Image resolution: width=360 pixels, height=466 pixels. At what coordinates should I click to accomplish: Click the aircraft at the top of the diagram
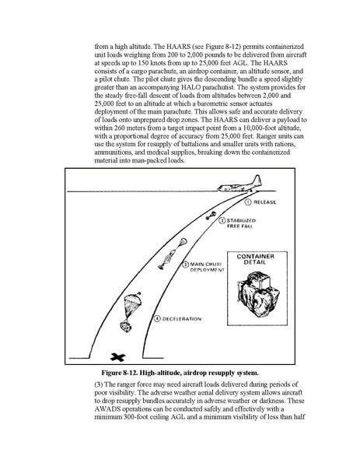tap(240, 185)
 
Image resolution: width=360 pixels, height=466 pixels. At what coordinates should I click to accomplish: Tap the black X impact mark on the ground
tap(118, 357)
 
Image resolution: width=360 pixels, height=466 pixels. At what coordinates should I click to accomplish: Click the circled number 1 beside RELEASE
tap(248, 202)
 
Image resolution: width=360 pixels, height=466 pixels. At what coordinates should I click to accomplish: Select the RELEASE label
tap(264, 202)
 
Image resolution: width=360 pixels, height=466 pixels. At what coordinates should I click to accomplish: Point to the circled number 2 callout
tap(222, 221)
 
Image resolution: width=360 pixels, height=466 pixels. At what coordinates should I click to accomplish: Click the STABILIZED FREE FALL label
tap(241, 223)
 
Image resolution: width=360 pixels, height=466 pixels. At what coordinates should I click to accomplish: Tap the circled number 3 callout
tap(185, 265)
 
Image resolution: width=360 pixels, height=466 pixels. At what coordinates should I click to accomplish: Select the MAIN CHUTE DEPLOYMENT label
tap(207, 267)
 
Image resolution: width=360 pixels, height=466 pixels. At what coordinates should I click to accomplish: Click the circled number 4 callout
tap(157, 319)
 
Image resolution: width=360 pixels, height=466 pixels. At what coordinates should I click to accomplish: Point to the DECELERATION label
tap(182, 319)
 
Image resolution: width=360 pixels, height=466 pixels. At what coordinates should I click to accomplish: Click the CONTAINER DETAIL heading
tap(256, 259)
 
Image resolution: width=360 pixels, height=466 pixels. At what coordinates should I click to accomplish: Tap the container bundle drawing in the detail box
tap(258, 293)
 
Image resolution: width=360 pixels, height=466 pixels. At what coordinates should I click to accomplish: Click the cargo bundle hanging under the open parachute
tap(126, 326)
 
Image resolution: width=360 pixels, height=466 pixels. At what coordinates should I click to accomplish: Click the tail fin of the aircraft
tap(257, 180)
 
